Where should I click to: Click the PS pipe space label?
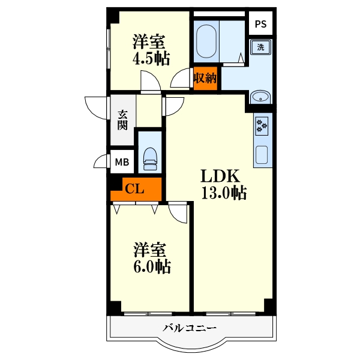pyautogui.click(x=260, y=24)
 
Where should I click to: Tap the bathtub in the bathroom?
pyautogui.click(x=206, y=41)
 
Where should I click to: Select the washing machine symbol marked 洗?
pyautogui.click(x=260, y=47)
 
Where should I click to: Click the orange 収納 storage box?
pyautogui.click(x=205, y=79)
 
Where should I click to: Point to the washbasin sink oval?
pyautogui.click(x=260, y=97)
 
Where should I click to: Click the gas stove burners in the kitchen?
pyautogui.click(x=262, y=126)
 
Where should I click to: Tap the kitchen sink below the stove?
pyautogui.click(x=262, y=155)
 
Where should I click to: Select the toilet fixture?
pyautogui.click(x=149, y=159)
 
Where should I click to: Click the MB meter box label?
pyautogui.click(x=122, y=163)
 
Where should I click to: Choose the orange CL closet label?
pyautogui.click(x=134, y=189)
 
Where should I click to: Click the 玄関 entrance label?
pyautogui.click(x=122, y=120)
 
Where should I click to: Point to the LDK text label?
pyautogui.click(x=220, y=176)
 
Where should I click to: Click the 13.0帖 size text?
pyautogui.click(x=224, y=193)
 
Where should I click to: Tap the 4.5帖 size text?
pyautogui.click(x=151, y=58)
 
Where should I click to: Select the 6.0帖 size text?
pyautogui.click(x=152, y=266)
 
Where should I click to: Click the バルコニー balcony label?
pyautogui.click(x=190, y=328)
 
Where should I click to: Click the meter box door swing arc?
pyautogui.click(x=99, y=158)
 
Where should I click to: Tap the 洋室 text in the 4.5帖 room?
pyautogui.click(x=149, y=41)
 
